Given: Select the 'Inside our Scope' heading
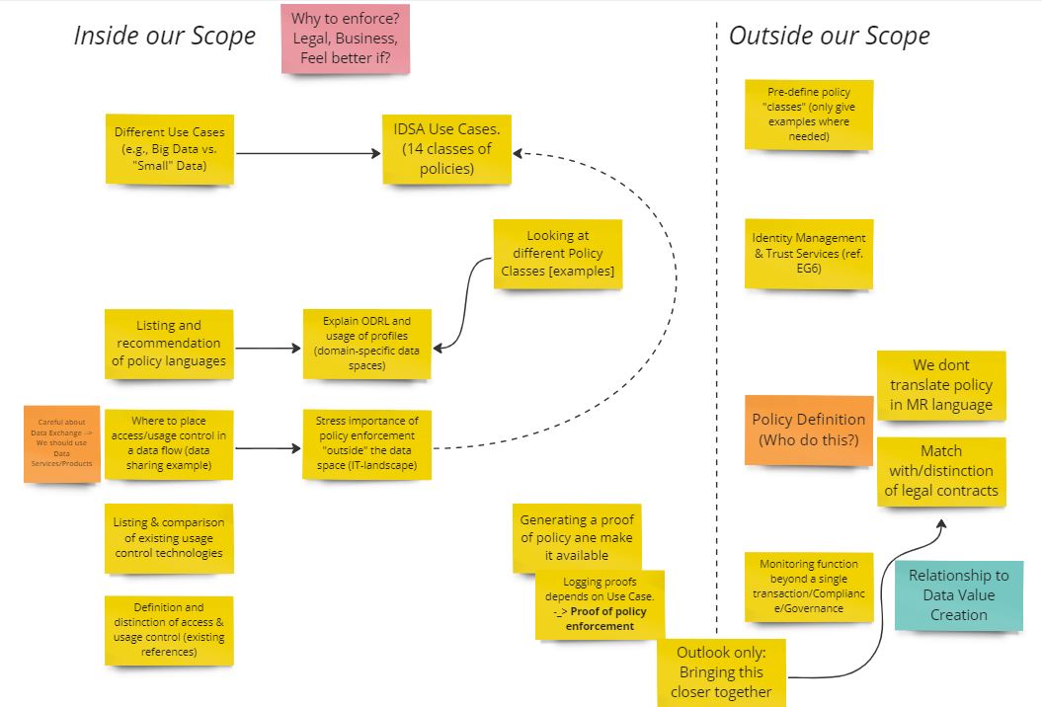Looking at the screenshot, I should [x=164, y=37].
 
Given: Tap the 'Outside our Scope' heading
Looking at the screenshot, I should [x=829, y=37].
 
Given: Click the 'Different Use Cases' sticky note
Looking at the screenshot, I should [x=169, y=149].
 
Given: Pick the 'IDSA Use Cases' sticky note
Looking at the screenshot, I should [x=446, y=149].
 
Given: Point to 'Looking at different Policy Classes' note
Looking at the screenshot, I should [x=557, y=253].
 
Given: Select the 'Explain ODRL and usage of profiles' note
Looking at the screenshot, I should [x=366, y=343].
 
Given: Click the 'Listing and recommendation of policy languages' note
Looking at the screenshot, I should [x=169, y=343].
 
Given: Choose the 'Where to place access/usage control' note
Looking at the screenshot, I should [x=169, y=444].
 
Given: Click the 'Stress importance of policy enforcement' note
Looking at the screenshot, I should [x=366, y=444].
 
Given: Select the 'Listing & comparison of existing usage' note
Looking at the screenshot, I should [x=169, y=537].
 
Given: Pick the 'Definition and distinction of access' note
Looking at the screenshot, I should [x=169, y=629].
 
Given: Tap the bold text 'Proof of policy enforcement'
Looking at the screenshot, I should [x=604, y=619].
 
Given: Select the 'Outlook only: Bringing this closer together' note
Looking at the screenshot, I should [x=721, y=671].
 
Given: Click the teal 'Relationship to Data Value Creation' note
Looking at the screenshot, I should [x=958, y=594].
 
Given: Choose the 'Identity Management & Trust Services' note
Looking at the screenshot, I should [x=808, y=253].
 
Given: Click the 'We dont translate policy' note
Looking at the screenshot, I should [x=940, y=385].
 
